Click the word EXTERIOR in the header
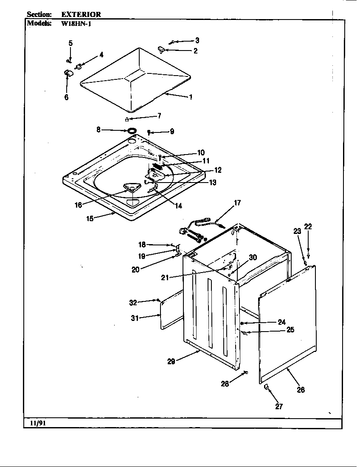(81, 14)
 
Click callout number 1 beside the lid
(191, 97)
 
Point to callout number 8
(98, 130)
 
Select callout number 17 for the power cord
(237, 203)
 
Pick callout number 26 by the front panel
(301, 389)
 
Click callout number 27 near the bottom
(279, 406)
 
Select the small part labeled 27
(266, 387)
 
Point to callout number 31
(135, 318)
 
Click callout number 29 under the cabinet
(171, 361)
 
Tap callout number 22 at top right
(308, 227)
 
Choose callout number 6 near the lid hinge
(67, 97)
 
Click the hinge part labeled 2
(161, 50)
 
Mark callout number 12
(217, 170)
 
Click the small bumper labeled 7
(126, 119)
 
